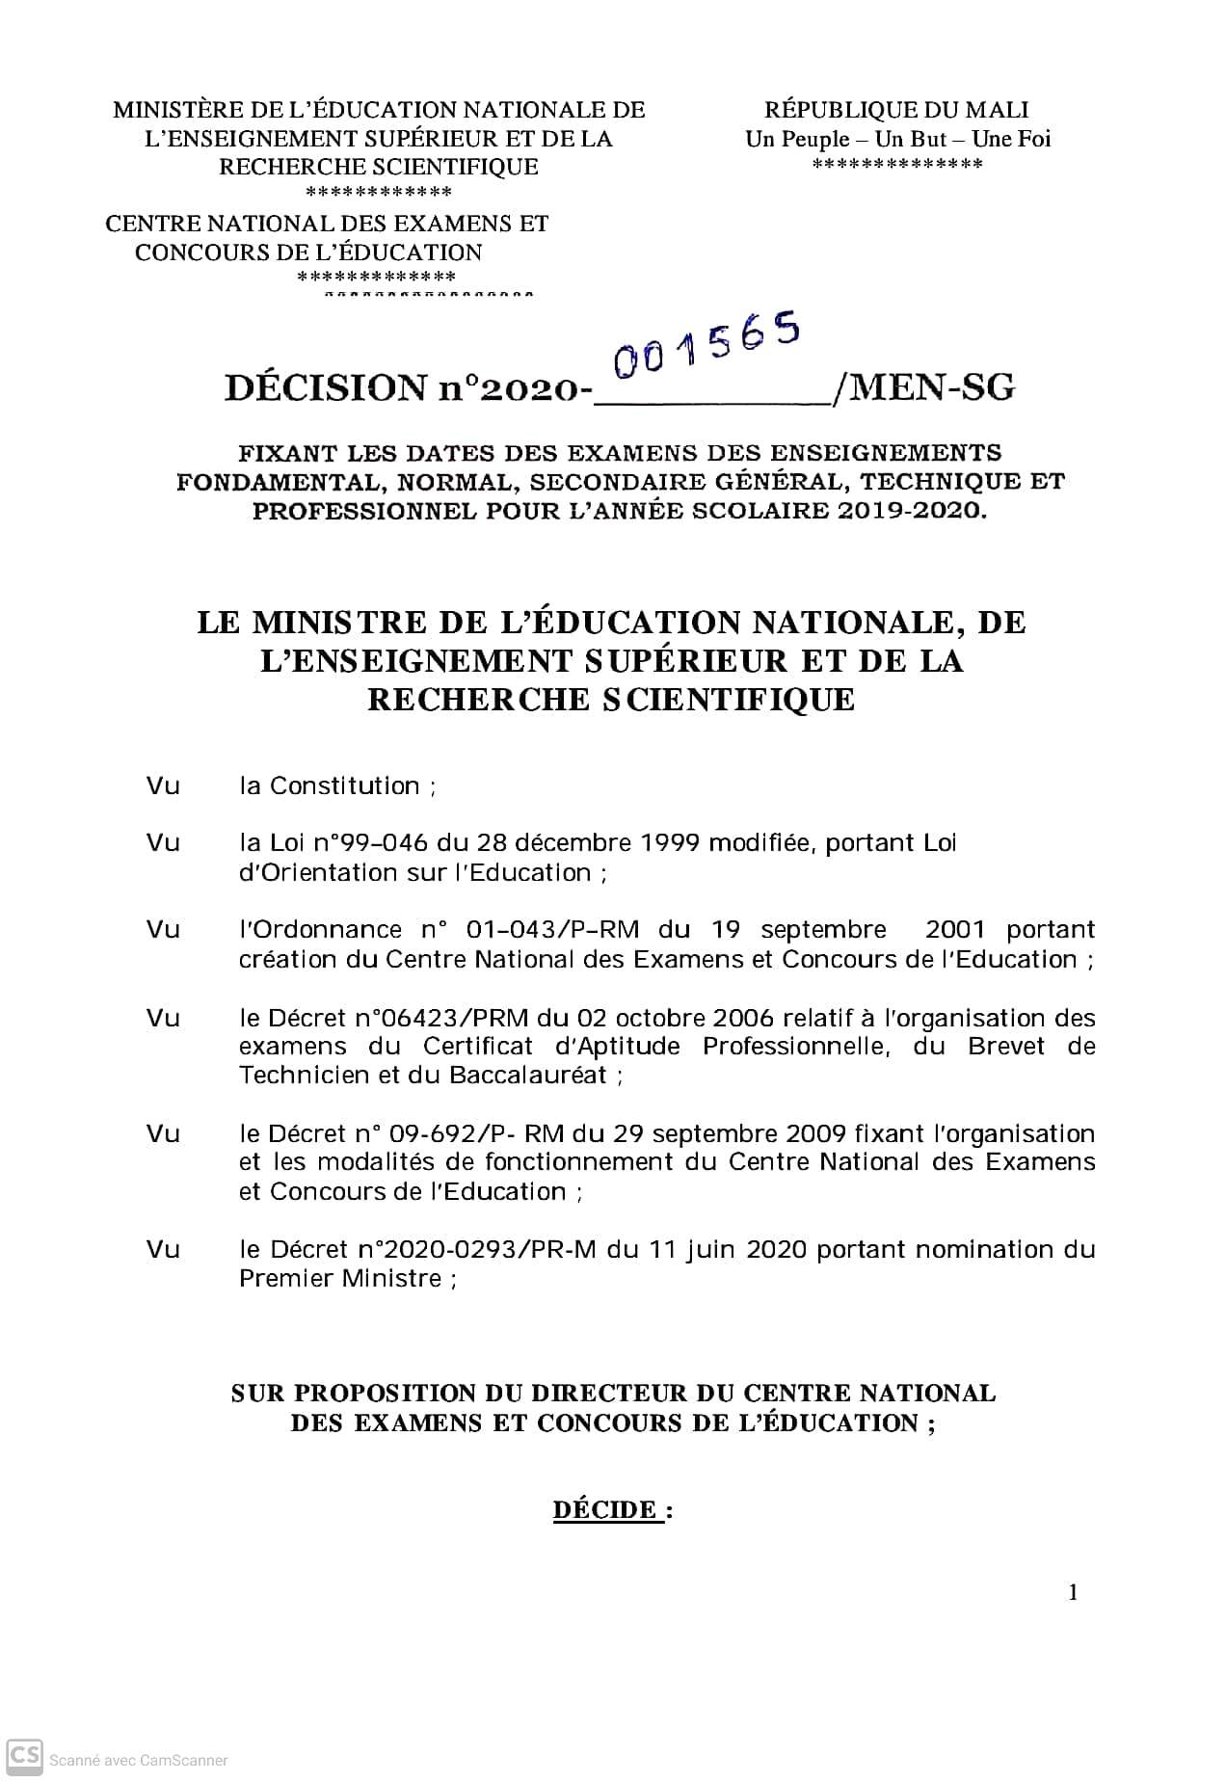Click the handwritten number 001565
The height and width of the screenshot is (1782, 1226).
[707, 346]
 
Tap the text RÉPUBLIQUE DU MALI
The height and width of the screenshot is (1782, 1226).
[896, 110]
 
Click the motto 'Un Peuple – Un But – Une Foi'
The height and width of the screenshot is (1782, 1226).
[897, 139]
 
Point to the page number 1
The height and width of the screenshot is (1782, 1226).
[1073, 1592]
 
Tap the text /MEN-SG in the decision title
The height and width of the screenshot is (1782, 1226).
[925, 387]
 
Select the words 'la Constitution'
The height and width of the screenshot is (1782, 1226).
[329, 785]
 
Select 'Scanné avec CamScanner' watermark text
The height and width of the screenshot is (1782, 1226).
[139, 1760]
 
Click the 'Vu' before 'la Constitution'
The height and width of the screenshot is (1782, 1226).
[163, 785]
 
